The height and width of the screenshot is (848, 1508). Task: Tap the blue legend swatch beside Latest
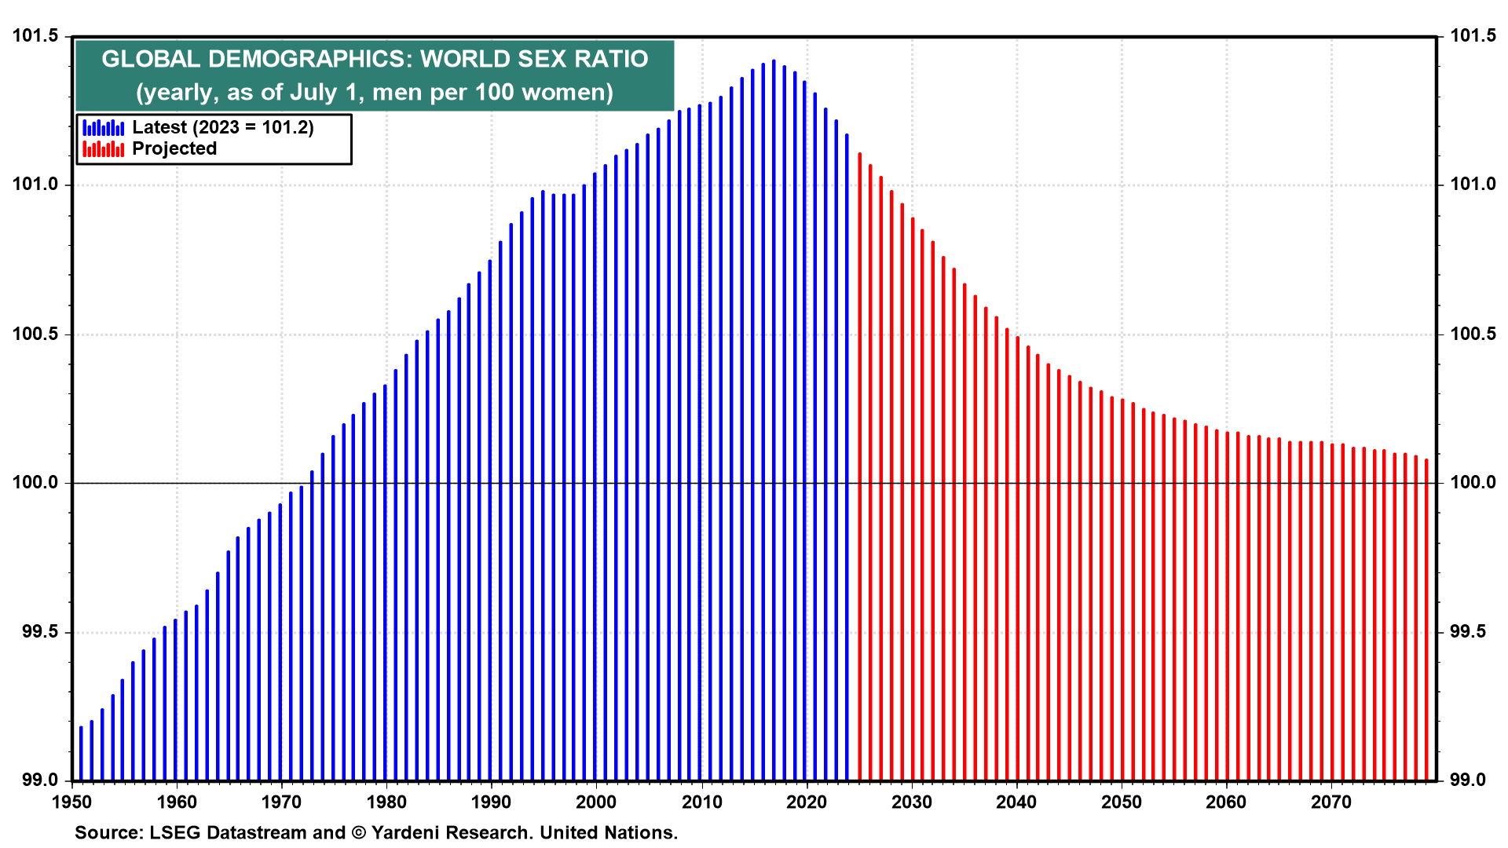tap(103, 128)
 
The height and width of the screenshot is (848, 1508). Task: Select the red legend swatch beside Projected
tap(103, 149)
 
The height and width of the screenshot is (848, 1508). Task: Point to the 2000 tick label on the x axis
tap(596, 802)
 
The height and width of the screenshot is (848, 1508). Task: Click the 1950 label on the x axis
tap(72, 802)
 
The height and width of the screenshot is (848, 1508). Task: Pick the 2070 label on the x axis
tap(1331, 802)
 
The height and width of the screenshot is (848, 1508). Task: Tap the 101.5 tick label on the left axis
tap(36, 36)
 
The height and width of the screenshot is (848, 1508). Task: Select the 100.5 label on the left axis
tap(36, 334)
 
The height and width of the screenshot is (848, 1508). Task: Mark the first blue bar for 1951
tap(81, 754)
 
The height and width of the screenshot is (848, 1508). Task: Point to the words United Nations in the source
tap(608, 833)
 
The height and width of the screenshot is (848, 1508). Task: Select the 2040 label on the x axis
tap(1016, 802)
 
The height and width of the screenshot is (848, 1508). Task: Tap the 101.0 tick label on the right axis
tap(1473, 185)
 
